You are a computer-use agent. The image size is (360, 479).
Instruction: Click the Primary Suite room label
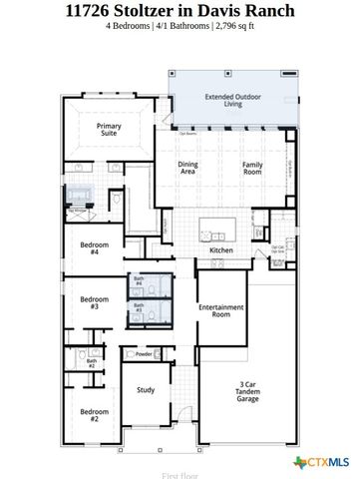[108, 131]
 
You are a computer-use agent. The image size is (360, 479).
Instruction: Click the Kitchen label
[221, 249]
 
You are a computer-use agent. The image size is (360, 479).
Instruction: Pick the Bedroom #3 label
[94, 302]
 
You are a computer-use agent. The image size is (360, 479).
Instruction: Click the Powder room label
[144, 354]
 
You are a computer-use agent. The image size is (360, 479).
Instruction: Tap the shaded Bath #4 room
[140, 284]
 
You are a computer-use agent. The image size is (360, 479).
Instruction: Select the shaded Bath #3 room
[140, 310]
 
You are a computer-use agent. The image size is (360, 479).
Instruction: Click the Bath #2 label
[91, 364]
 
